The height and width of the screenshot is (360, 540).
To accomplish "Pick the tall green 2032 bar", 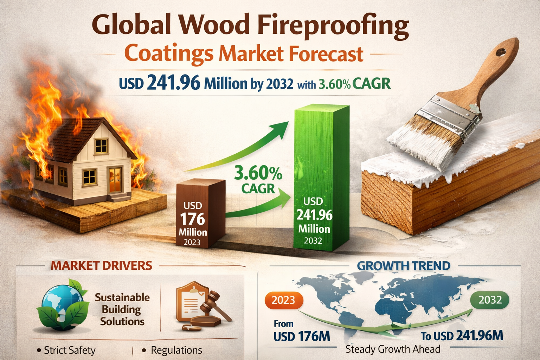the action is (321, 177).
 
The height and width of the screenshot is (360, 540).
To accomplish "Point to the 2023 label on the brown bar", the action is (192, 242).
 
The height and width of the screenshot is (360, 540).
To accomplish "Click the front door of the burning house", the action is (115, 180).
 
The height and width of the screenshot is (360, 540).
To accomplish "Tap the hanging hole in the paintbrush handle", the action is (501, 52).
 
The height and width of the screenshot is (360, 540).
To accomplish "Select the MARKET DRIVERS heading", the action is (102, 265).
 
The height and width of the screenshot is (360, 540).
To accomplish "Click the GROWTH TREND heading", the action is (404, 265).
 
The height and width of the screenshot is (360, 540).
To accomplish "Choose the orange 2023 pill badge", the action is (283, 300).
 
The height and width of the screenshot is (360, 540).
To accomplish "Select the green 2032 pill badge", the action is (490, 300).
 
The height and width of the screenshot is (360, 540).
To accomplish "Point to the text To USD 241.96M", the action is (462, 336).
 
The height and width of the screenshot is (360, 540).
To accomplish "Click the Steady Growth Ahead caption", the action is (393, 349).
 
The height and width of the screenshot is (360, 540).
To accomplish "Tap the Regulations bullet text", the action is (176, 350).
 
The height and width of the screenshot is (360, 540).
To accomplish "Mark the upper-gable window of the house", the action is (101, 146).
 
